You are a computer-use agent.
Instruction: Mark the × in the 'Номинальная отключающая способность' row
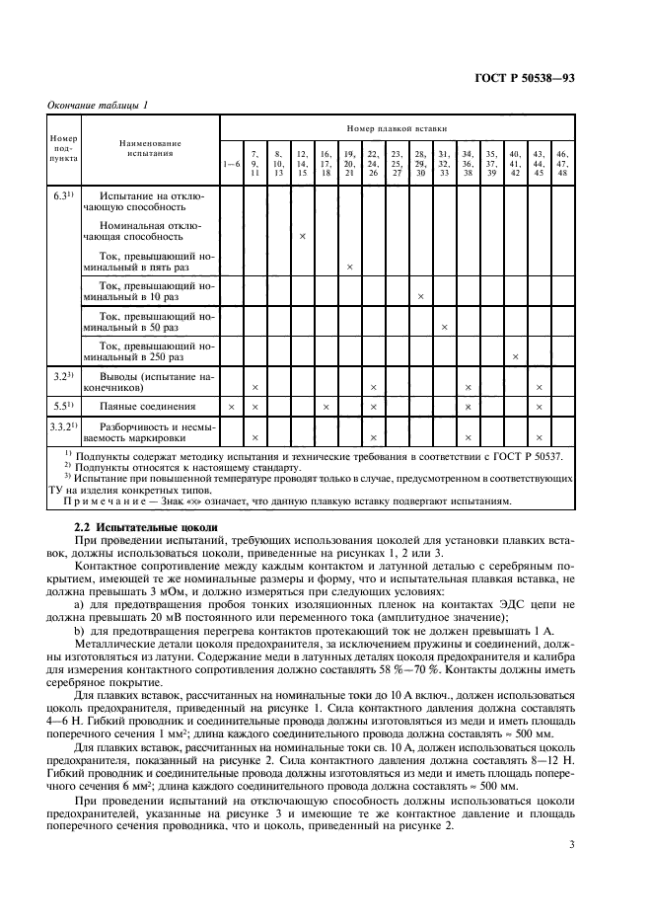coord(302,237)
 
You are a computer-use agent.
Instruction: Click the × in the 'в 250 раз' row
coord(514,355)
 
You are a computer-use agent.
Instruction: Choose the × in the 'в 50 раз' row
coord(444,326)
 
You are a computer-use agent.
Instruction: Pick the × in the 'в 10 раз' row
coord(420,296)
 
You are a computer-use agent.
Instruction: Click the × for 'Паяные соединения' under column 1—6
coord(231,407)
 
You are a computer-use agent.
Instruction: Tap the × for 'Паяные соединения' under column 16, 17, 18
coord(326,407)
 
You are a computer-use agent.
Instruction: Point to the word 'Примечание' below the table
coord(105,500)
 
